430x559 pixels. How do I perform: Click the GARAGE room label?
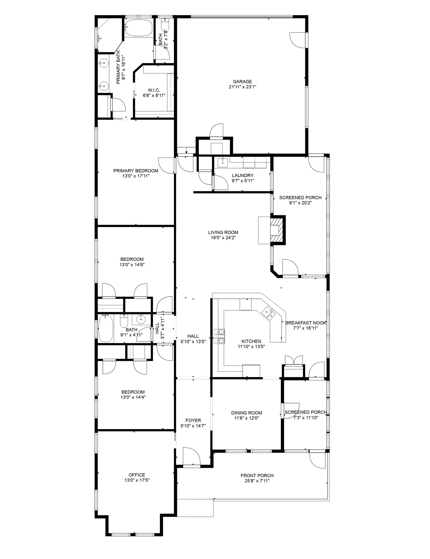pos(242,81)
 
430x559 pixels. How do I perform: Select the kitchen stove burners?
pos(218,336)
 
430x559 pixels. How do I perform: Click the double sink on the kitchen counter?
pos(269,313)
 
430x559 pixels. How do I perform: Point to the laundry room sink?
pos(221,162)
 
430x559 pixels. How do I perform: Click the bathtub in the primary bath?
pos(138,28)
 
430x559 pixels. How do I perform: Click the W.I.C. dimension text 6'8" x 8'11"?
pos(154,95)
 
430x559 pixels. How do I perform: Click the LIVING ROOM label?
pos(223,232)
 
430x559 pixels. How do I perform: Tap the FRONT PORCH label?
pos(257,475)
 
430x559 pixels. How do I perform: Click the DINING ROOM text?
pos(246,413)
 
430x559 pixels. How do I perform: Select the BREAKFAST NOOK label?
pos(306,323)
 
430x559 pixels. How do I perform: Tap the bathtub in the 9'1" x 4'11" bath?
pos(106,328)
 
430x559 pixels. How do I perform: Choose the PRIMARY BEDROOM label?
pos(136,171)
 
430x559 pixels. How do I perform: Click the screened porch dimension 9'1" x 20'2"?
pos(300,203)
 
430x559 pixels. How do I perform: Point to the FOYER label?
pos(193,420)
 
